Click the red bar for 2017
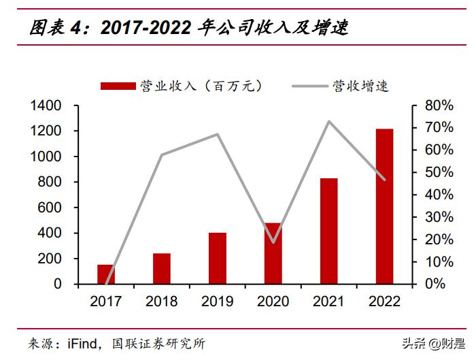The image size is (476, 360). pos(106,274)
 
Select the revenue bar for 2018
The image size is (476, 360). pos(162,269)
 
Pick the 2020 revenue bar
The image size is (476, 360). pos(273,253)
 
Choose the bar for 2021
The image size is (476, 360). pos(329,231)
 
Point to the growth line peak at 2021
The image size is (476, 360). pos(329,122)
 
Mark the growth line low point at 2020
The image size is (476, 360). pos(273,242)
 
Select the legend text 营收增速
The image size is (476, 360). pos(360,86)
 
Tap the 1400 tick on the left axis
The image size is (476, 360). pos(46,105)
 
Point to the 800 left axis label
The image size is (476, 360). pos(50,182)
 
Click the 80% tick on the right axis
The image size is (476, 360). pos(439,105)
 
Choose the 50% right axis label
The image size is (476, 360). pos(439,172)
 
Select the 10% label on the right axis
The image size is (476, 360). pos(439,261)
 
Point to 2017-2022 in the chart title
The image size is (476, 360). pos(146,27)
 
